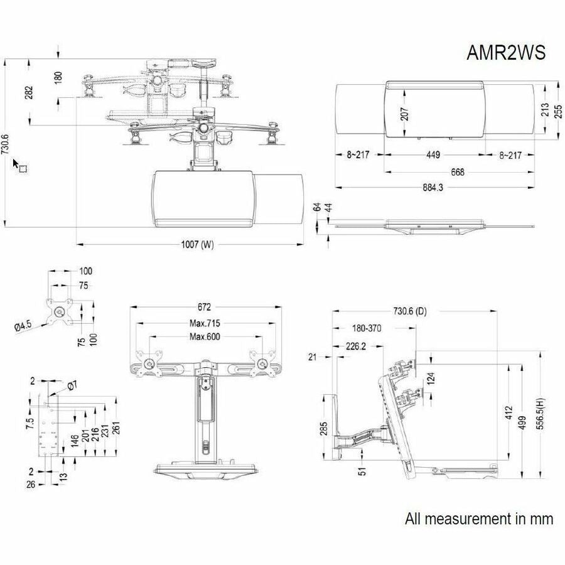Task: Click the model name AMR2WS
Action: click(x=506, y=53)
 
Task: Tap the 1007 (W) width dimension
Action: click(x=198, y=245)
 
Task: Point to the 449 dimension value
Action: click(x=433, y=155)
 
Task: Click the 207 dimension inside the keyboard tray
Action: click(x=405, y=114)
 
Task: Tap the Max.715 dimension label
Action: click(x=205, y=324)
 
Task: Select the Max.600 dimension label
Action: click(x=205, y=337)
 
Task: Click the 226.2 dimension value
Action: click(x=356, y=345)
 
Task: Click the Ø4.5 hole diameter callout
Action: click(x=24, y=326)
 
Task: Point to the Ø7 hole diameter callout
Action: click(x=71, y=384)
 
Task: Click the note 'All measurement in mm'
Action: click(x=479, y=519)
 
